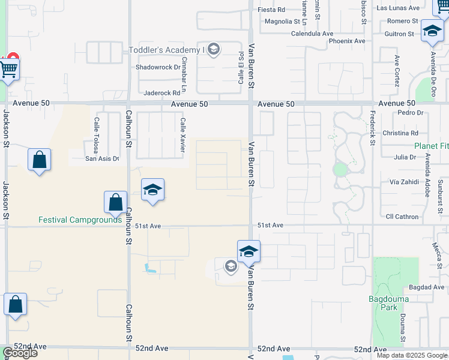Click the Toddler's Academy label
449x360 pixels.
(167, 49)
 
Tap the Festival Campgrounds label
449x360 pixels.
(80, 220)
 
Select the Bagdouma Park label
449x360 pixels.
(383, 303)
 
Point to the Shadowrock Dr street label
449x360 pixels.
(158, 67)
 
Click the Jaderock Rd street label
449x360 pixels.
(162, 93)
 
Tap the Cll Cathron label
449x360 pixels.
(402, 217)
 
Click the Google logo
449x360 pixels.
(19, 353)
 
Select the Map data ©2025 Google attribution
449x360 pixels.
(412, 355)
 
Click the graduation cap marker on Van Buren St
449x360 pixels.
(249, 251)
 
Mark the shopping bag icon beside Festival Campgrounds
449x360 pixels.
(115, 202)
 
